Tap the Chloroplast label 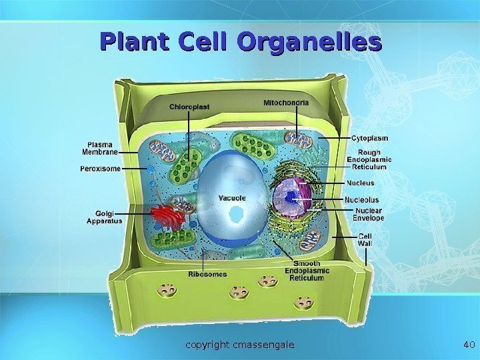click(x=189, y=105)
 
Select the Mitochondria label click(x=286, y=103)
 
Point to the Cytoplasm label click(x=369, y=138)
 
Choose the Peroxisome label click(x=101, y=169)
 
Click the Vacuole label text click(x=232, y=198)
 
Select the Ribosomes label click(x=207, y=274)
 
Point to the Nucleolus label click(x=361, y=199)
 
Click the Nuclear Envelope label click(x=369, y=213)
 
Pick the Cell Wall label click(x=366, y=240)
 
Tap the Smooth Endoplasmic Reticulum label click(x=307, y=271)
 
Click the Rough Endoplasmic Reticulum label click(x=369, y=159)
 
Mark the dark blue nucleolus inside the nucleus click(x=291, y=196)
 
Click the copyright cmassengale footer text click(x=240, y=345)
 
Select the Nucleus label click(x=359, y=183)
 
